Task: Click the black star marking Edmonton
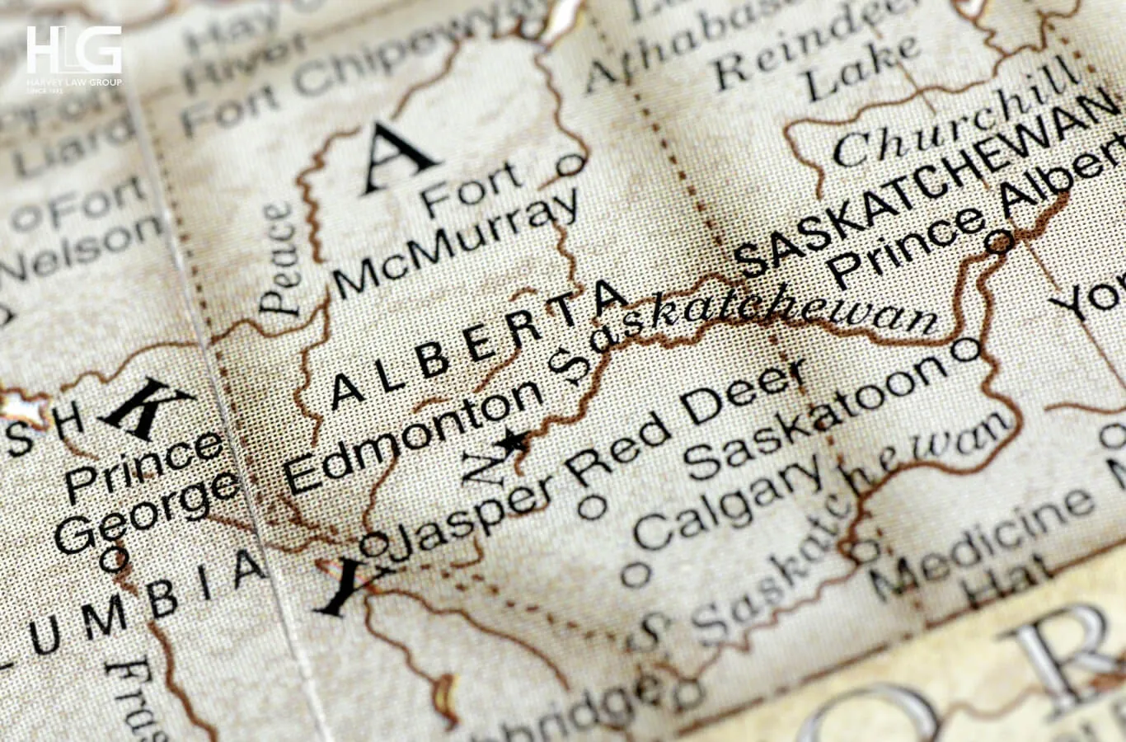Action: [x=514, y=442]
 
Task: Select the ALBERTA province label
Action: [x=478, y=346]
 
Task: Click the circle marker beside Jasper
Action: [x=373, y=543]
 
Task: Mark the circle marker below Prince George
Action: [x=113, y=560]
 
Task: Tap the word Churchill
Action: [x=956, y=124]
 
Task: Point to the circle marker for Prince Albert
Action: [x=999, y=242]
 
